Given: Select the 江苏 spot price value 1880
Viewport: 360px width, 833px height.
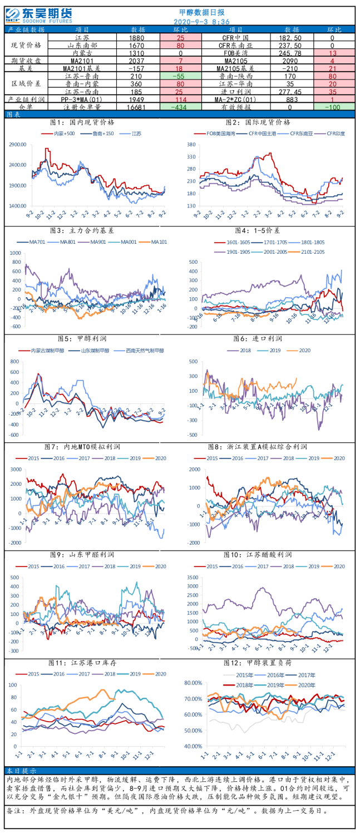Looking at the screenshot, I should [137, 37].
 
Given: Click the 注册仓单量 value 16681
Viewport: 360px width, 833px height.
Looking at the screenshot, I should [137, 106].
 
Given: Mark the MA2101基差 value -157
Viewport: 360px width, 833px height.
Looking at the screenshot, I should [137, 68].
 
